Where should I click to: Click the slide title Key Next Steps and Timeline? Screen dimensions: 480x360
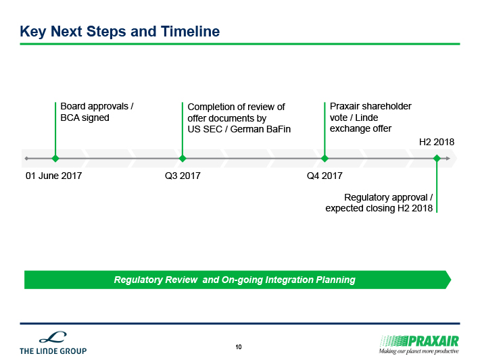[120, 32]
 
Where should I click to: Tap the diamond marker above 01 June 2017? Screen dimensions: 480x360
[55, 159]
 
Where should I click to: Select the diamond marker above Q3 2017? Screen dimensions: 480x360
[183, 159]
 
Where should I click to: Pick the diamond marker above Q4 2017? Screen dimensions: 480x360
[325, 159]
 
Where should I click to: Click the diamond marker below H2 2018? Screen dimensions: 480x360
[437, 159]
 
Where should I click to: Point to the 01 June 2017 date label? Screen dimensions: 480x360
[54, 176]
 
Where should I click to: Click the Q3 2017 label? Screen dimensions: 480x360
[183, 176]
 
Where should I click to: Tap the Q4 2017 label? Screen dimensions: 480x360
[325, 176]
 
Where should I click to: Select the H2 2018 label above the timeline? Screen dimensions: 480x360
[437, 142]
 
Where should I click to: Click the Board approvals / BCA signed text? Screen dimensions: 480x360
[97, 112]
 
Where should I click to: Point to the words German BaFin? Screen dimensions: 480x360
[260, 130]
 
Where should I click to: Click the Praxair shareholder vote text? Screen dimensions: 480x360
[370, 118]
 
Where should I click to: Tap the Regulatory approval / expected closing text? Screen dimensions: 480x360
[379, 203]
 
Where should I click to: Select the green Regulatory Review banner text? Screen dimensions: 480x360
[235, 280]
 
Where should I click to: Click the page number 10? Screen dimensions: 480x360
[239, 347]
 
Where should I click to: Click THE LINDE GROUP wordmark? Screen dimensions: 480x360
[53, 351]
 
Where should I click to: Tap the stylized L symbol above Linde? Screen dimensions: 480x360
[53, 337]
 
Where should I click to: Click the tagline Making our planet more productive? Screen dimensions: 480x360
[418, 351]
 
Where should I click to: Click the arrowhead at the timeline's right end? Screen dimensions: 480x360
[448, 159]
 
